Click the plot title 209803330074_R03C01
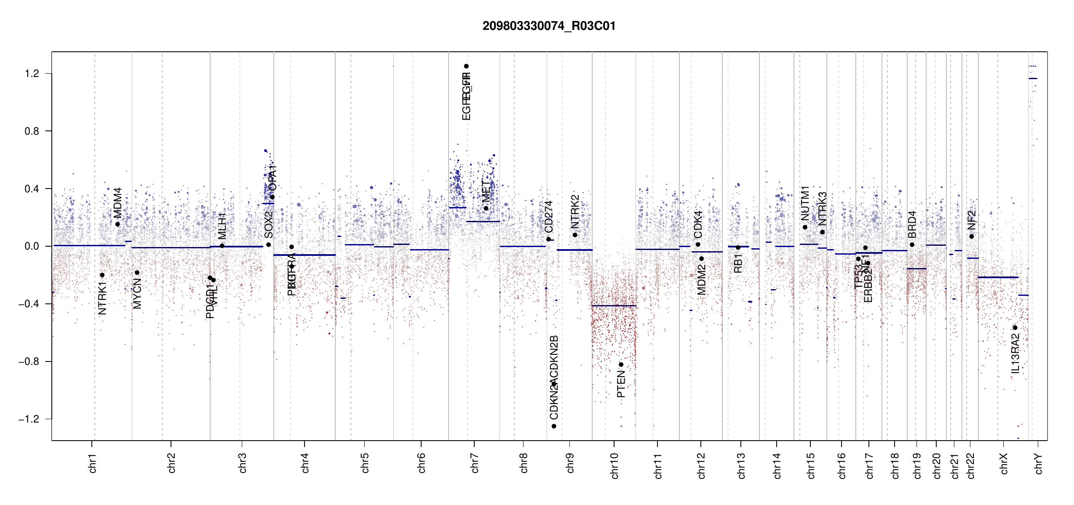[x=549, y=26]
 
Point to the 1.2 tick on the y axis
[x=32, y=74]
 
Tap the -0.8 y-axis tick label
[x=29, y=361]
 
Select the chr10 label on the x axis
[x=614, y=466]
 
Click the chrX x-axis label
[x=1004, y=464]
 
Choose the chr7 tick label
[x=475, y=463]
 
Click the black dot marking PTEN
[x=621, y=364]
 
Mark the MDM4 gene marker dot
[x=118, y=224]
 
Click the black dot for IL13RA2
[x=1015, y=328]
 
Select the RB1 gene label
[x=738, y=263]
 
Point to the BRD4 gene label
[x=912, y=225]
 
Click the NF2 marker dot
[x=972, y=237]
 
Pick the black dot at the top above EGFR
[x=466, y=66]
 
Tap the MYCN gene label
[x=137, y=294]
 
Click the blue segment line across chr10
[x=614, y=306]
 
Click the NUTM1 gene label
[x=805, y=203]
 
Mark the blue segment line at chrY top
[x=1033, y=78]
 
